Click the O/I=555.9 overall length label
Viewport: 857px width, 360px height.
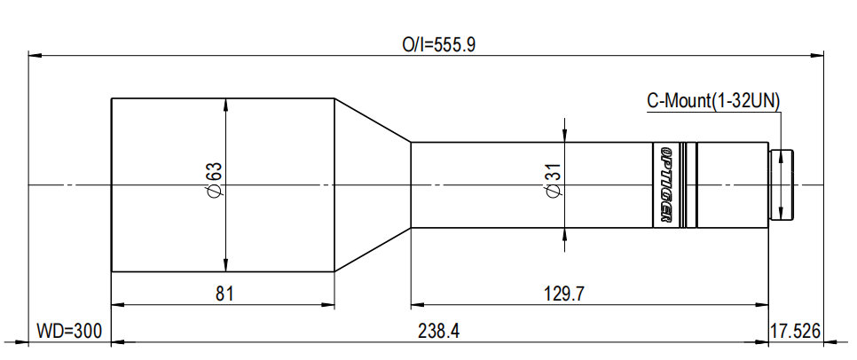[x=440, y=44]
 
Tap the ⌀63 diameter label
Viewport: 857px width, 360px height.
[x=213, y=184]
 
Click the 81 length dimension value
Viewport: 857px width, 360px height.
[x=224, y=293]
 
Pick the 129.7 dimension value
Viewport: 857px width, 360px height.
[x=565, y=293]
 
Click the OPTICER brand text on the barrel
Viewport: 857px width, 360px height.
[x=666, y=184]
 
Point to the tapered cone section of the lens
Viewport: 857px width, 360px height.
[x=373, y=184]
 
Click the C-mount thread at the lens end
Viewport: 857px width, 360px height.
[x=782, y=184]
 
